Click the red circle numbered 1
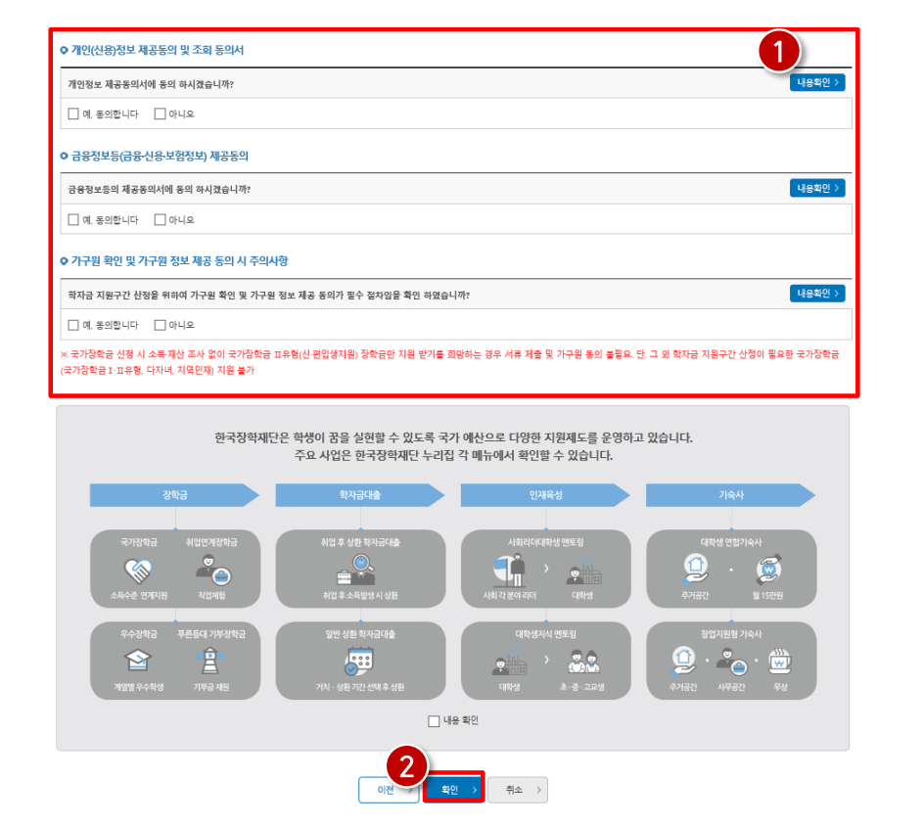coord(780,55)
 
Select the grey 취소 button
coord(518,790)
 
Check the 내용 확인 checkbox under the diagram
coord(434,721)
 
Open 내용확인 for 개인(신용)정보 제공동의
coord(817,83)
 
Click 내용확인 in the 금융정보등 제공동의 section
coord(817,188)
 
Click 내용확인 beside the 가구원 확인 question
coord(817,294)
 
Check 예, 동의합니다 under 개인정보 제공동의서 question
coord(73,115)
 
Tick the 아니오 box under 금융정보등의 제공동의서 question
coord(160,220)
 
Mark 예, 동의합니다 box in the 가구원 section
coord(73,325)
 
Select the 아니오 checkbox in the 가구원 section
coord(160,325)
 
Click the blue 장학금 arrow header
coord(174,495)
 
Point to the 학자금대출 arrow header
coord(360,495)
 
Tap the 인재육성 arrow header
coord(545,495)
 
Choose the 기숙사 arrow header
coord(730,495)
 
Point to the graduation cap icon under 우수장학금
coord(137,662)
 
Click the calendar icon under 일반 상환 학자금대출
coord(360,662)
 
